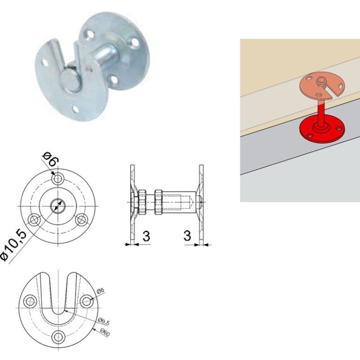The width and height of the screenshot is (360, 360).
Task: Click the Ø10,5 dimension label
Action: point(14,245)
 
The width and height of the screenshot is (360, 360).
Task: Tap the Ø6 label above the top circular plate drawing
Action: point(50,159)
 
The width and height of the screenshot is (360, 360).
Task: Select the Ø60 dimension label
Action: point(105,332)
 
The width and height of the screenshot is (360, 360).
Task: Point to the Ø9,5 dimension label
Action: point(104,321)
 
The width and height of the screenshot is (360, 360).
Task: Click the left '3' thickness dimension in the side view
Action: point(146,236)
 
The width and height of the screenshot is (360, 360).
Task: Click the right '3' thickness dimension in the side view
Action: point(187,236)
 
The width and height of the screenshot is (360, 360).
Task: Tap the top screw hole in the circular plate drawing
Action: point(58,178)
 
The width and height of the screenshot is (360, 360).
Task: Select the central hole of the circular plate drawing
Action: point(58,206)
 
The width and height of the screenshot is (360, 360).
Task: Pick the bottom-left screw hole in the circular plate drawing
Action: point(34,220)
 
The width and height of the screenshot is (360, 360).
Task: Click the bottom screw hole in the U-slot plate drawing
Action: point(58,337)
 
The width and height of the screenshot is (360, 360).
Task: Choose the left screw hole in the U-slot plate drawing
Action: point(30,301)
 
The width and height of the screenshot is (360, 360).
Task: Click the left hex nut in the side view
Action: point(142,202)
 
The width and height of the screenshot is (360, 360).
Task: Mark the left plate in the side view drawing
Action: point(132,205)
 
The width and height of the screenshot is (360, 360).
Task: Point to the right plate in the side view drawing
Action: point(201,205)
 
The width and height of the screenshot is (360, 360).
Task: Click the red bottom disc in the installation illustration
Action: point(322,131)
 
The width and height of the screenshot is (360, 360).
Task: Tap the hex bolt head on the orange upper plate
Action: point(320,82)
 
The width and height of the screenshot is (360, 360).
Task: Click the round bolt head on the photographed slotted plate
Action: point(70,80)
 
